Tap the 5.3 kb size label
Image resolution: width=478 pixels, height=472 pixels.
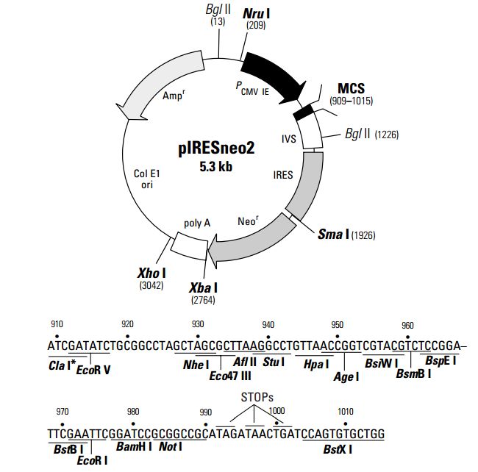coord(215,167)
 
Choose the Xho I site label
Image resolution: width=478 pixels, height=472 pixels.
coord(151,273)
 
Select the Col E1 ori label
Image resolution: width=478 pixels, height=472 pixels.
coord(146,179)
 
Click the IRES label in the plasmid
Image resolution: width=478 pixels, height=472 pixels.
coord(282,176)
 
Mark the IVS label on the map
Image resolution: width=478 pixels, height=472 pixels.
coord(289,137)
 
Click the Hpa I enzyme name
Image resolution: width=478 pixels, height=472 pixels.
coord(317,363)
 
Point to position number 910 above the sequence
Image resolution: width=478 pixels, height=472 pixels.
coord(57,324)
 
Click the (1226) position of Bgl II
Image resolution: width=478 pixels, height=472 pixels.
coord(387,135)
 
